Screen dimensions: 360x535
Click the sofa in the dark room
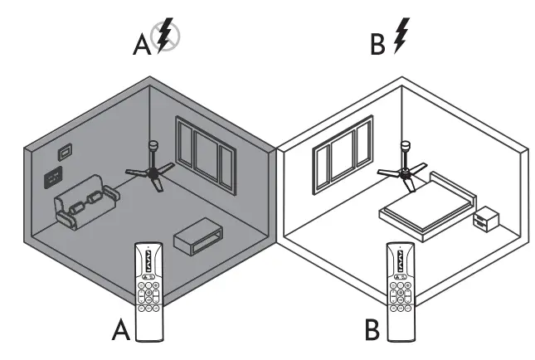coord(84,204)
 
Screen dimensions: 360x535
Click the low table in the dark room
coord(197,238)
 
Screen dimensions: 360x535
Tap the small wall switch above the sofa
coord(65,152)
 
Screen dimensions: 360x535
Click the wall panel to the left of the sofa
coord(54,176)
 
